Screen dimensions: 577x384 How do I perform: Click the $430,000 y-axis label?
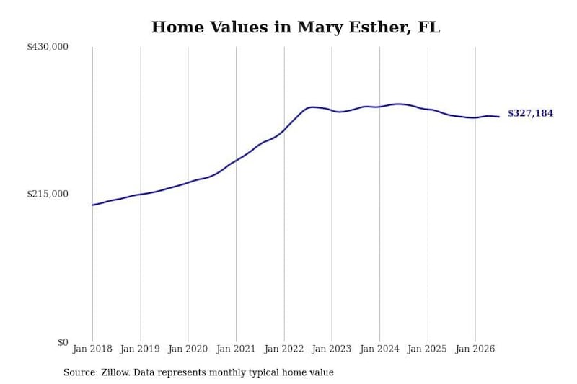pyautogui.click(x=48, y=47)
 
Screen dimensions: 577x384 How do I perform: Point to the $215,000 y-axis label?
pyautogui.click(x=48, y=194)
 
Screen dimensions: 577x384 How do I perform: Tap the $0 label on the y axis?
pyautogui.click(x=63, y=342)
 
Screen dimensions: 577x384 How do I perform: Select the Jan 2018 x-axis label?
pyautogui.click(x=92, y=349)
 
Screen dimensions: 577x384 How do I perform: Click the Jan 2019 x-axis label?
pyautogui.click(x=140, y=349)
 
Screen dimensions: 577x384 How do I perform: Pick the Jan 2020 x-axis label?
pyautogui.click(x=188, y=349)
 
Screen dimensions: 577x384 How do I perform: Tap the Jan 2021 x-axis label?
pyautogui.click(x=236, y=349)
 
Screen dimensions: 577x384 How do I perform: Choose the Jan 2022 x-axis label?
pyautogui.click(x=284, y=349)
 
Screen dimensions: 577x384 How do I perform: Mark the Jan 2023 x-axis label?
pyautogui.click(x=332, y=349)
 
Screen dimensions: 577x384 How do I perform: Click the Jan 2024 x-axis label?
pyautogui.click(x=380, y=349)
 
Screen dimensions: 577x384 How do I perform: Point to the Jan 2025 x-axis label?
pyautogui.click(x=428, y=349)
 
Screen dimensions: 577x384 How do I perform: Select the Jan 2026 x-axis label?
pyautogui.click(x=475, y=349)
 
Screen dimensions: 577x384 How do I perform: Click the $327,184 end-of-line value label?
pyautogui.click(x=530, y=113)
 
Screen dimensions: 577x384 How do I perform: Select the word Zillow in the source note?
pyautogui.click(x=116, y=372)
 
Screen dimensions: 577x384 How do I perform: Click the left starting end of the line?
pyautogui.click(x=92, y=205)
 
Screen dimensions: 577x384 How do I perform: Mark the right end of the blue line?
pyautogui.click(x=499, y=117)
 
